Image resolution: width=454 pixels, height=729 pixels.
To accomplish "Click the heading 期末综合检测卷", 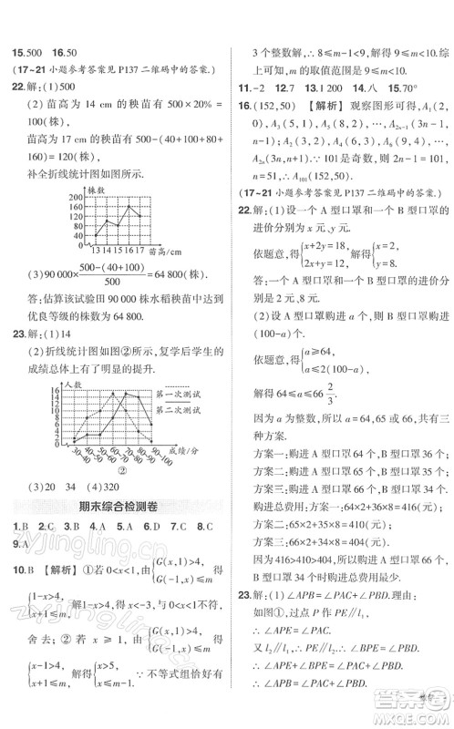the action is [x=119, y=507].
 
